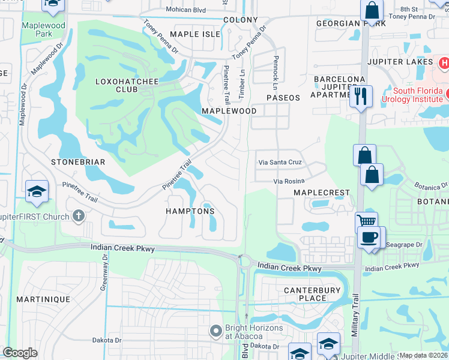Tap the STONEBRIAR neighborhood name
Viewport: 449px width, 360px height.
point(78,162)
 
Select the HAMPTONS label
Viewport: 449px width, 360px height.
point(190,211)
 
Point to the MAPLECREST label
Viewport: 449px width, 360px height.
point(321,193)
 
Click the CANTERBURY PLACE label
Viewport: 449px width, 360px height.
point(312,295)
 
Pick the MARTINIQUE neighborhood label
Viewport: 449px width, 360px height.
point(43,299)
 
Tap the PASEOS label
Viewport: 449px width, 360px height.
point(283,98)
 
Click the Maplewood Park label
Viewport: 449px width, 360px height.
point(43,29)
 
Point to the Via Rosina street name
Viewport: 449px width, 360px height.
point(289,181)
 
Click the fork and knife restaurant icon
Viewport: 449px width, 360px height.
point(360,96)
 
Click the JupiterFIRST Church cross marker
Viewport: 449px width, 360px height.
point(78,215)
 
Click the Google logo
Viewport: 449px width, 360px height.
point(20,353)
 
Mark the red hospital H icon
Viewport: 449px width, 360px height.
point(444,62)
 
